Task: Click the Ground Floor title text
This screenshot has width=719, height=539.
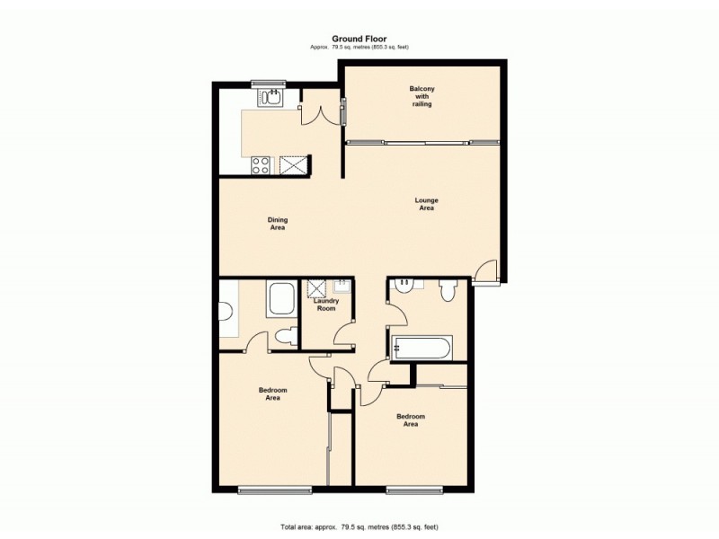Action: [359, 39]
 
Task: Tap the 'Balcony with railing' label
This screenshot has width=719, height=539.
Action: [422, 96]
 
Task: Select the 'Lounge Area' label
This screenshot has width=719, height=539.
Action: [426, 204]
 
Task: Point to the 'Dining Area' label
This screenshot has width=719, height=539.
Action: [278, 224]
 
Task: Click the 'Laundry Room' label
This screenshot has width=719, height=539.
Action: [324, 305]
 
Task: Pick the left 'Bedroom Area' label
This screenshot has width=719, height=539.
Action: [272, 393]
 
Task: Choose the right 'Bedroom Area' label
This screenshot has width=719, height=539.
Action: [411, 420]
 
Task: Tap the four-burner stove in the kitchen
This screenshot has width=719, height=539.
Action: [262, 164]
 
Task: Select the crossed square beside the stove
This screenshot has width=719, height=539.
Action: [292, 164]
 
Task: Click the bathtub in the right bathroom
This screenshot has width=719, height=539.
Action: [422, 348]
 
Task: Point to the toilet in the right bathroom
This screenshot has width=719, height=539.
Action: [448, 289]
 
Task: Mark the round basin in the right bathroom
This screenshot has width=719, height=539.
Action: [405, 285]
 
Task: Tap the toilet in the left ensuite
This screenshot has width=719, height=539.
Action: [285, 337]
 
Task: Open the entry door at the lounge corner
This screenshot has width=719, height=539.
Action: [484, 270]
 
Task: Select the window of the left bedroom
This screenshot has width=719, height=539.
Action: [274, 490]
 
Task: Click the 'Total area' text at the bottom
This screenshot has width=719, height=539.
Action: [359, 526]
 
